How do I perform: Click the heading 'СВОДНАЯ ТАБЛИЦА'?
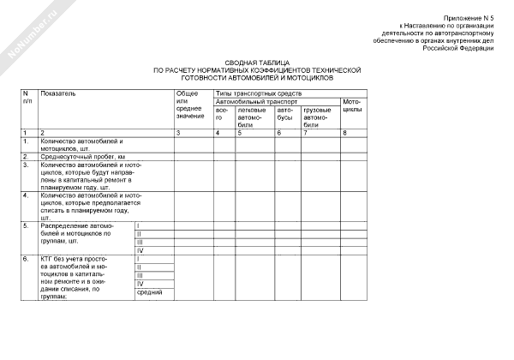tap(257, 63)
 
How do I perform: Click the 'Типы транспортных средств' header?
tap(258, 93)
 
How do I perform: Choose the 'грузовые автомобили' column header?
tap(317, 117)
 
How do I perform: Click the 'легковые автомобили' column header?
tap(251, 117)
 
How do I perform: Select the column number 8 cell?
tap(344, 133)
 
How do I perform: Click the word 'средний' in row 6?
tap(150, 292)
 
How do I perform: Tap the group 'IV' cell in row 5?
tap(140, 250)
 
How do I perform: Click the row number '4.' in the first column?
tap(26, 195)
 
